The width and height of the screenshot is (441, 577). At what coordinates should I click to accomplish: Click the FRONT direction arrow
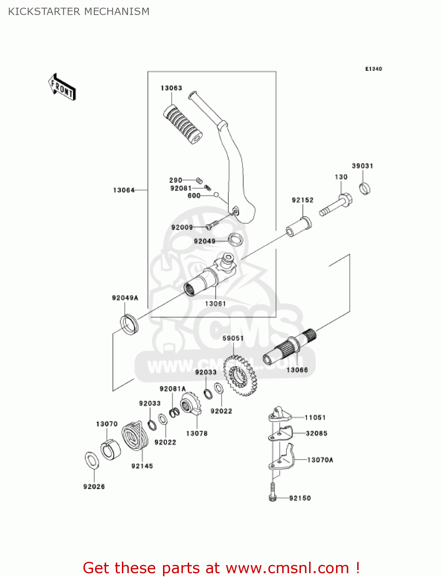tap(62, 87)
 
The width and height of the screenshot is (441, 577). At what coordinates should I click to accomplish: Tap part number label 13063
tap(171, 88)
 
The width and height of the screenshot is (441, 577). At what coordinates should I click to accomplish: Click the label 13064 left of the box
tap(124, 190)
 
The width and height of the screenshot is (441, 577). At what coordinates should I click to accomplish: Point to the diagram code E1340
tap(373, 69)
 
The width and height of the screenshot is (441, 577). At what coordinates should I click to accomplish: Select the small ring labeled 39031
tap(364, 188)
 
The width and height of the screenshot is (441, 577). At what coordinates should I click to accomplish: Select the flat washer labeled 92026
tap(91, 460)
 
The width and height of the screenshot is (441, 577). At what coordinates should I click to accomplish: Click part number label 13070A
tap(320, 460)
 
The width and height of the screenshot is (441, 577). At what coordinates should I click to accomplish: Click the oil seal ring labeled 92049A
tap(129, 324)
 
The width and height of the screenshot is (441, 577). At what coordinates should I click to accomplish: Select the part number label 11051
tap(315, 417)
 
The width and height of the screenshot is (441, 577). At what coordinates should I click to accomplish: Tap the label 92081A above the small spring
tap(173, 389)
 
